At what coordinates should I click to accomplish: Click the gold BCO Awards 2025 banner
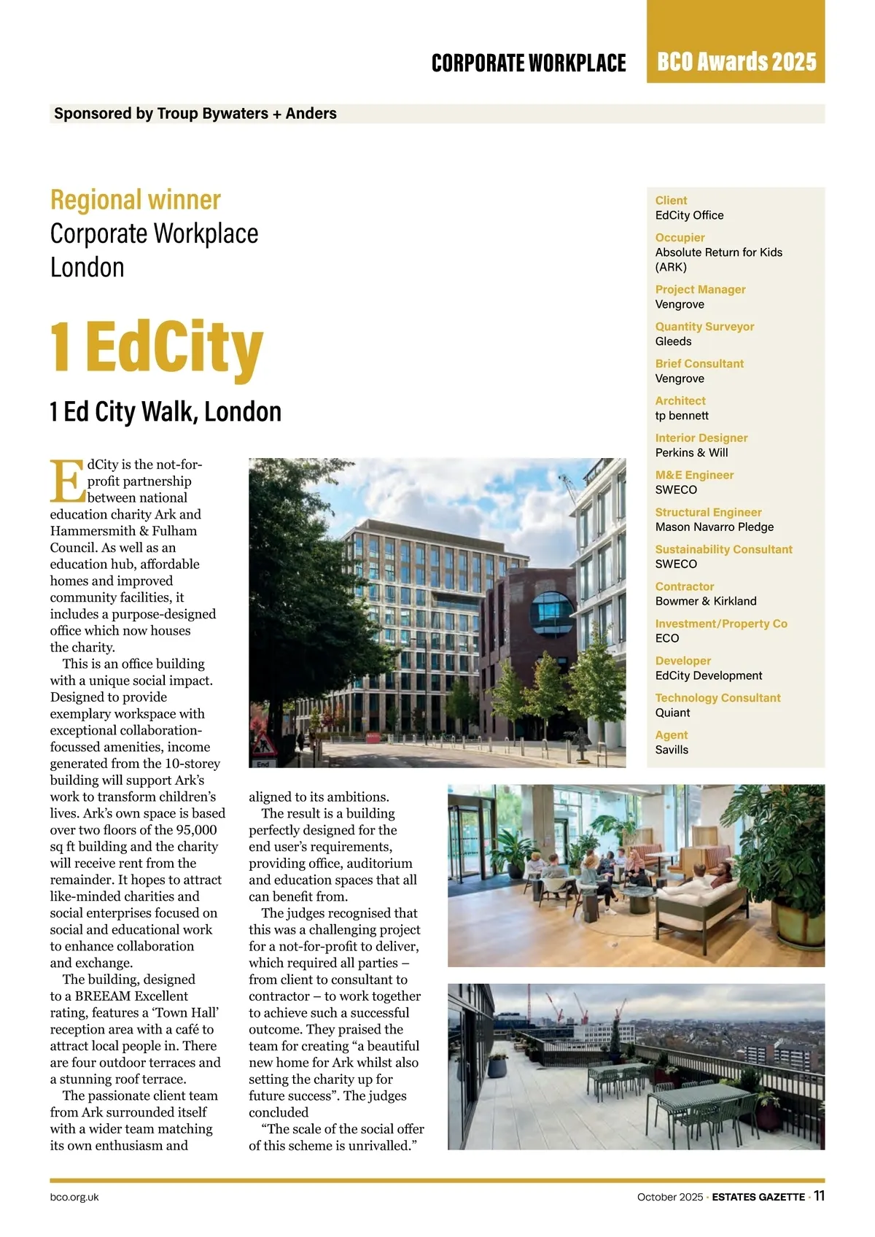click(736, 61)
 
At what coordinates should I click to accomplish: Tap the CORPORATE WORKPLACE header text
click(529, 63)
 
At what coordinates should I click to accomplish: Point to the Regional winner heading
click(136, 200)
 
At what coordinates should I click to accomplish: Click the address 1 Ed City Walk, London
click(166, 412)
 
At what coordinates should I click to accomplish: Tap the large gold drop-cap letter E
click(67, 481)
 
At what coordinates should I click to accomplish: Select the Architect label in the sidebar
click(680, 400)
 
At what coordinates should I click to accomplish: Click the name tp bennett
click(681, 416)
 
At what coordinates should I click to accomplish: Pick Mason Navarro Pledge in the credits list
click(714, 527)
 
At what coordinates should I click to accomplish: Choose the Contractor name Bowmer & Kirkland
click(705, 601)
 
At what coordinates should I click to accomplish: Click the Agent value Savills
click(671, 750)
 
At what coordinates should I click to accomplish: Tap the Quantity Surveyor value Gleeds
click(673, 341)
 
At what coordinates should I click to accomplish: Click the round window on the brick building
click(552, 613)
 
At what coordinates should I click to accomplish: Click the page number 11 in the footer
click(819, 1195)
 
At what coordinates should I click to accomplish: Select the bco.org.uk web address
click(74, 1197)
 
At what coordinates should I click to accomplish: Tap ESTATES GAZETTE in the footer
click(758, 1197)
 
